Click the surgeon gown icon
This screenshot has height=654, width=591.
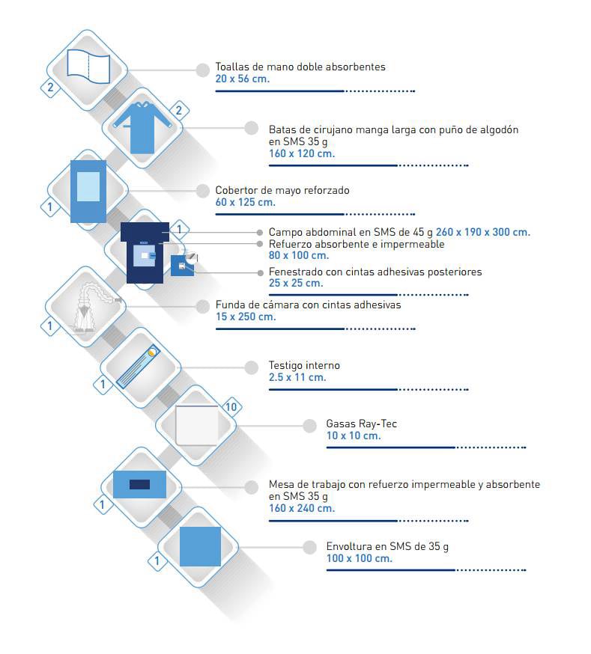click(142, 126)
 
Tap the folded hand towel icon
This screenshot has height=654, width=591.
click(88, 67)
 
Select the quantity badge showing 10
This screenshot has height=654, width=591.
click(231, 406)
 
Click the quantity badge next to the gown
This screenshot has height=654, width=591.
click(179, 111)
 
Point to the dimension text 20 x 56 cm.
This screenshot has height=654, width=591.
click(243, 79)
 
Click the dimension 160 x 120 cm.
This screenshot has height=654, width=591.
click(302, 153)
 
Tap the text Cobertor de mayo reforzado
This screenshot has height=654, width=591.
click(282, 190)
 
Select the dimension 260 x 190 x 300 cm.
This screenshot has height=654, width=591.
click(483, 232)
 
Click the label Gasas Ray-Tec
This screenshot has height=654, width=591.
click(362, 424)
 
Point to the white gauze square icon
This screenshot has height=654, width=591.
click(197, 425)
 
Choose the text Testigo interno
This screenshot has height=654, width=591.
click(304, 365)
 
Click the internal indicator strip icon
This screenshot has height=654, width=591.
click(138, 367)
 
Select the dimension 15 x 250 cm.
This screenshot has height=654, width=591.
click(246, 317)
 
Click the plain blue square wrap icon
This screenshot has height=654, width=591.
click(200, 546)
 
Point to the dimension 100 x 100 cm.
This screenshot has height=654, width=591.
click(360, 558)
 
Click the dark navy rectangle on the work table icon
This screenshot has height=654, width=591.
click(140, 484)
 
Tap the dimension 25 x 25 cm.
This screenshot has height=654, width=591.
click(296, 283)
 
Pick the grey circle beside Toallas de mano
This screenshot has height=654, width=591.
click(203, 70)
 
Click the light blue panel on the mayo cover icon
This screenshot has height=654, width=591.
click(88, 187)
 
